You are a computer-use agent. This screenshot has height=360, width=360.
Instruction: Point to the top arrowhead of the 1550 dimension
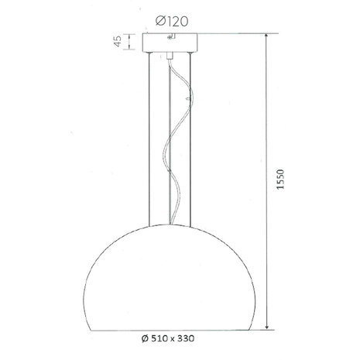click(x=268, y=37)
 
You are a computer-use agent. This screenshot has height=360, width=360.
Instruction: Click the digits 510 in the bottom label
click(x=160, y=338)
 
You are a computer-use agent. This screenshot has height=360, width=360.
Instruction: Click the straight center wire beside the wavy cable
click(x=168, y=155)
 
